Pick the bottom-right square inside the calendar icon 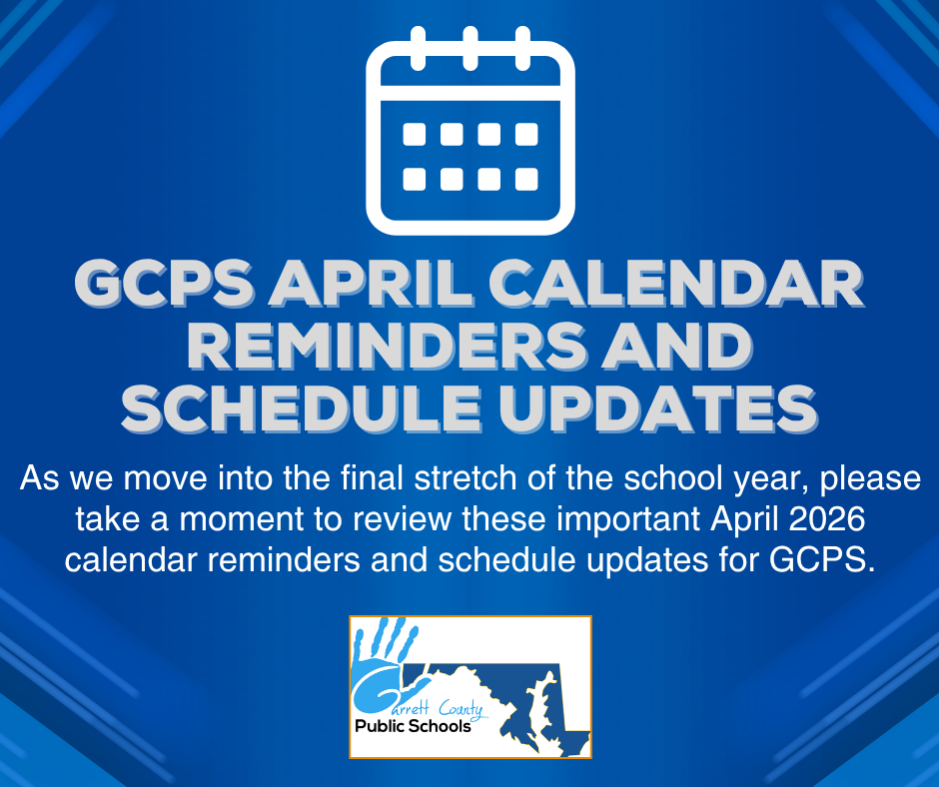click(526, 179)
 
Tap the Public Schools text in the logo click(413, 726)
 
